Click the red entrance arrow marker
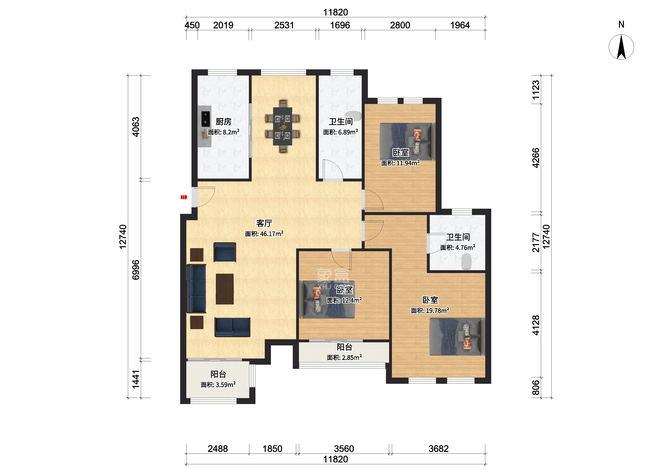[184, 198]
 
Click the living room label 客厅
[264, 223]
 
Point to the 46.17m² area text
[264, 234]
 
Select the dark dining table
[283, 126]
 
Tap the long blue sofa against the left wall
[197, 288]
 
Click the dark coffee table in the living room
[225, 289]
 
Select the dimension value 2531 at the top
[284, 25]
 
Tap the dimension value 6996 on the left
[136, 270]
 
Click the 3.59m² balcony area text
[218, 385]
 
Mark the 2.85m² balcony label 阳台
[345, 347]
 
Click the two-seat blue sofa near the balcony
[233, 327]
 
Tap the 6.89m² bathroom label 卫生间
[341, 122]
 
